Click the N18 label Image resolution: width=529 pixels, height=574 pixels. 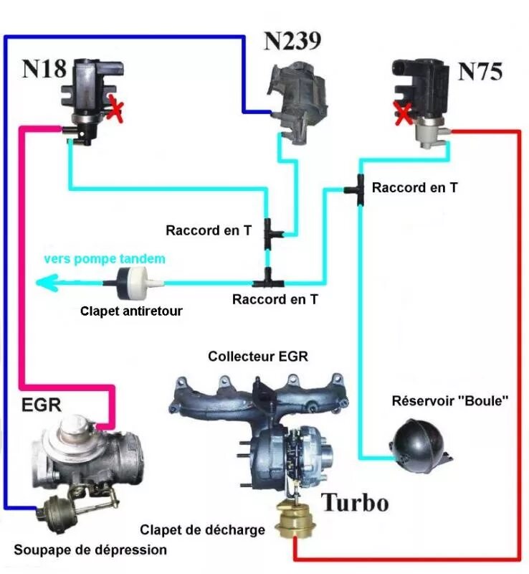(x=44, y=69)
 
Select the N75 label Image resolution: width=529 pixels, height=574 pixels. (x=480, y=72)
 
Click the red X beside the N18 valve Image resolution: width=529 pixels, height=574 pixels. (x=116, y=111)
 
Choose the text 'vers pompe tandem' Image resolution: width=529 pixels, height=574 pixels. (x=105, y=258)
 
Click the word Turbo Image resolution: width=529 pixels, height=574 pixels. (x=354, y=502)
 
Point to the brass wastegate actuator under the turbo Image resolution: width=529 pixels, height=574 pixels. (x=295, y=520)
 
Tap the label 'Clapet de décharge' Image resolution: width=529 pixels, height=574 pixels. (x=202, y=530)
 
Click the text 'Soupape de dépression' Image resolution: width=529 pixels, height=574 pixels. (x=90, y=550)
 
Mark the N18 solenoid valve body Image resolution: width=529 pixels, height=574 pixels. (x=85, y=100)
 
